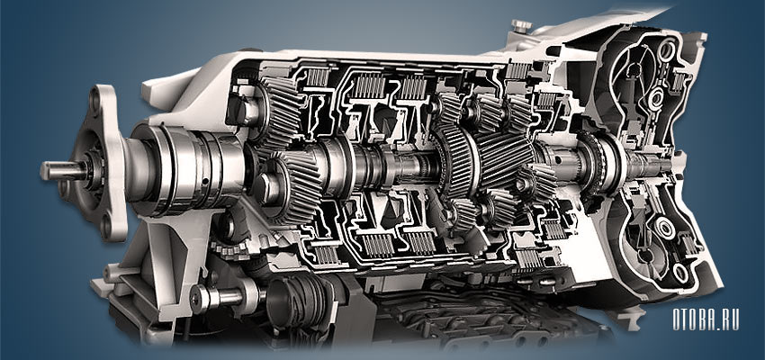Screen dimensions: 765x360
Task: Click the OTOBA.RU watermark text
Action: coord(706,320)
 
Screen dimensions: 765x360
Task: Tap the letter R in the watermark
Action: coord(724,320)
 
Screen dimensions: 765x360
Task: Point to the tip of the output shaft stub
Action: coord(43,171)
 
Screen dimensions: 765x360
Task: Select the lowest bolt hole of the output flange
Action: coord(106,226)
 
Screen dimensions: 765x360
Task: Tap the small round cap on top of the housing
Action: coord(521,26)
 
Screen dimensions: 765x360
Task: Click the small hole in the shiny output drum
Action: coord(205,182)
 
